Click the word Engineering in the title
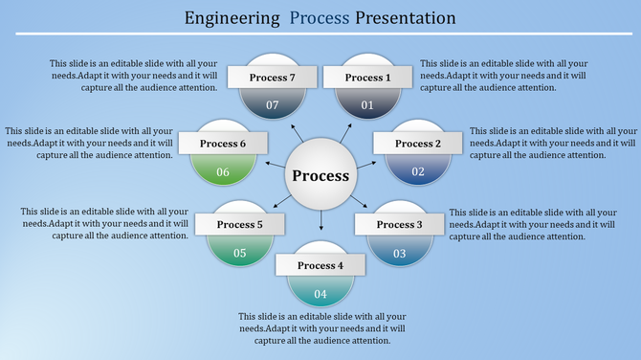[x=233, y=18]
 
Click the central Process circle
[x=320, y=176]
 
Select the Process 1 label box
[x=368, y=78]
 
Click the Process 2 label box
[x=418, y=144]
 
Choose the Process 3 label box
[x=399, y=224]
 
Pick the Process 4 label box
[x=320, y=265]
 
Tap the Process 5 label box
[x=240, y=224]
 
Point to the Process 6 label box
[x=224, y=144]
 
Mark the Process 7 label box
[x=272, y=78]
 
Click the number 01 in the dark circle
[x=368, y=104]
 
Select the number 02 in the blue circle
[x=418, y=171]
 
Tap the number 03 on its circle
[x=399, y=253]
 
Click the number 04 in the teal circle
[x=320, y=293]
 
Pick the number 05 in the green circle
[x=240, y=253]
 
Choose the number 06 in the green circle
[x=224, y=171]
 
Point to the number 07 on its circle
[x=272, y=104]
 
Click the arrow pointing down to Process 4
[x=320, y=223]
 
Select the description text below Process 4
[x=322, y=328]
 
